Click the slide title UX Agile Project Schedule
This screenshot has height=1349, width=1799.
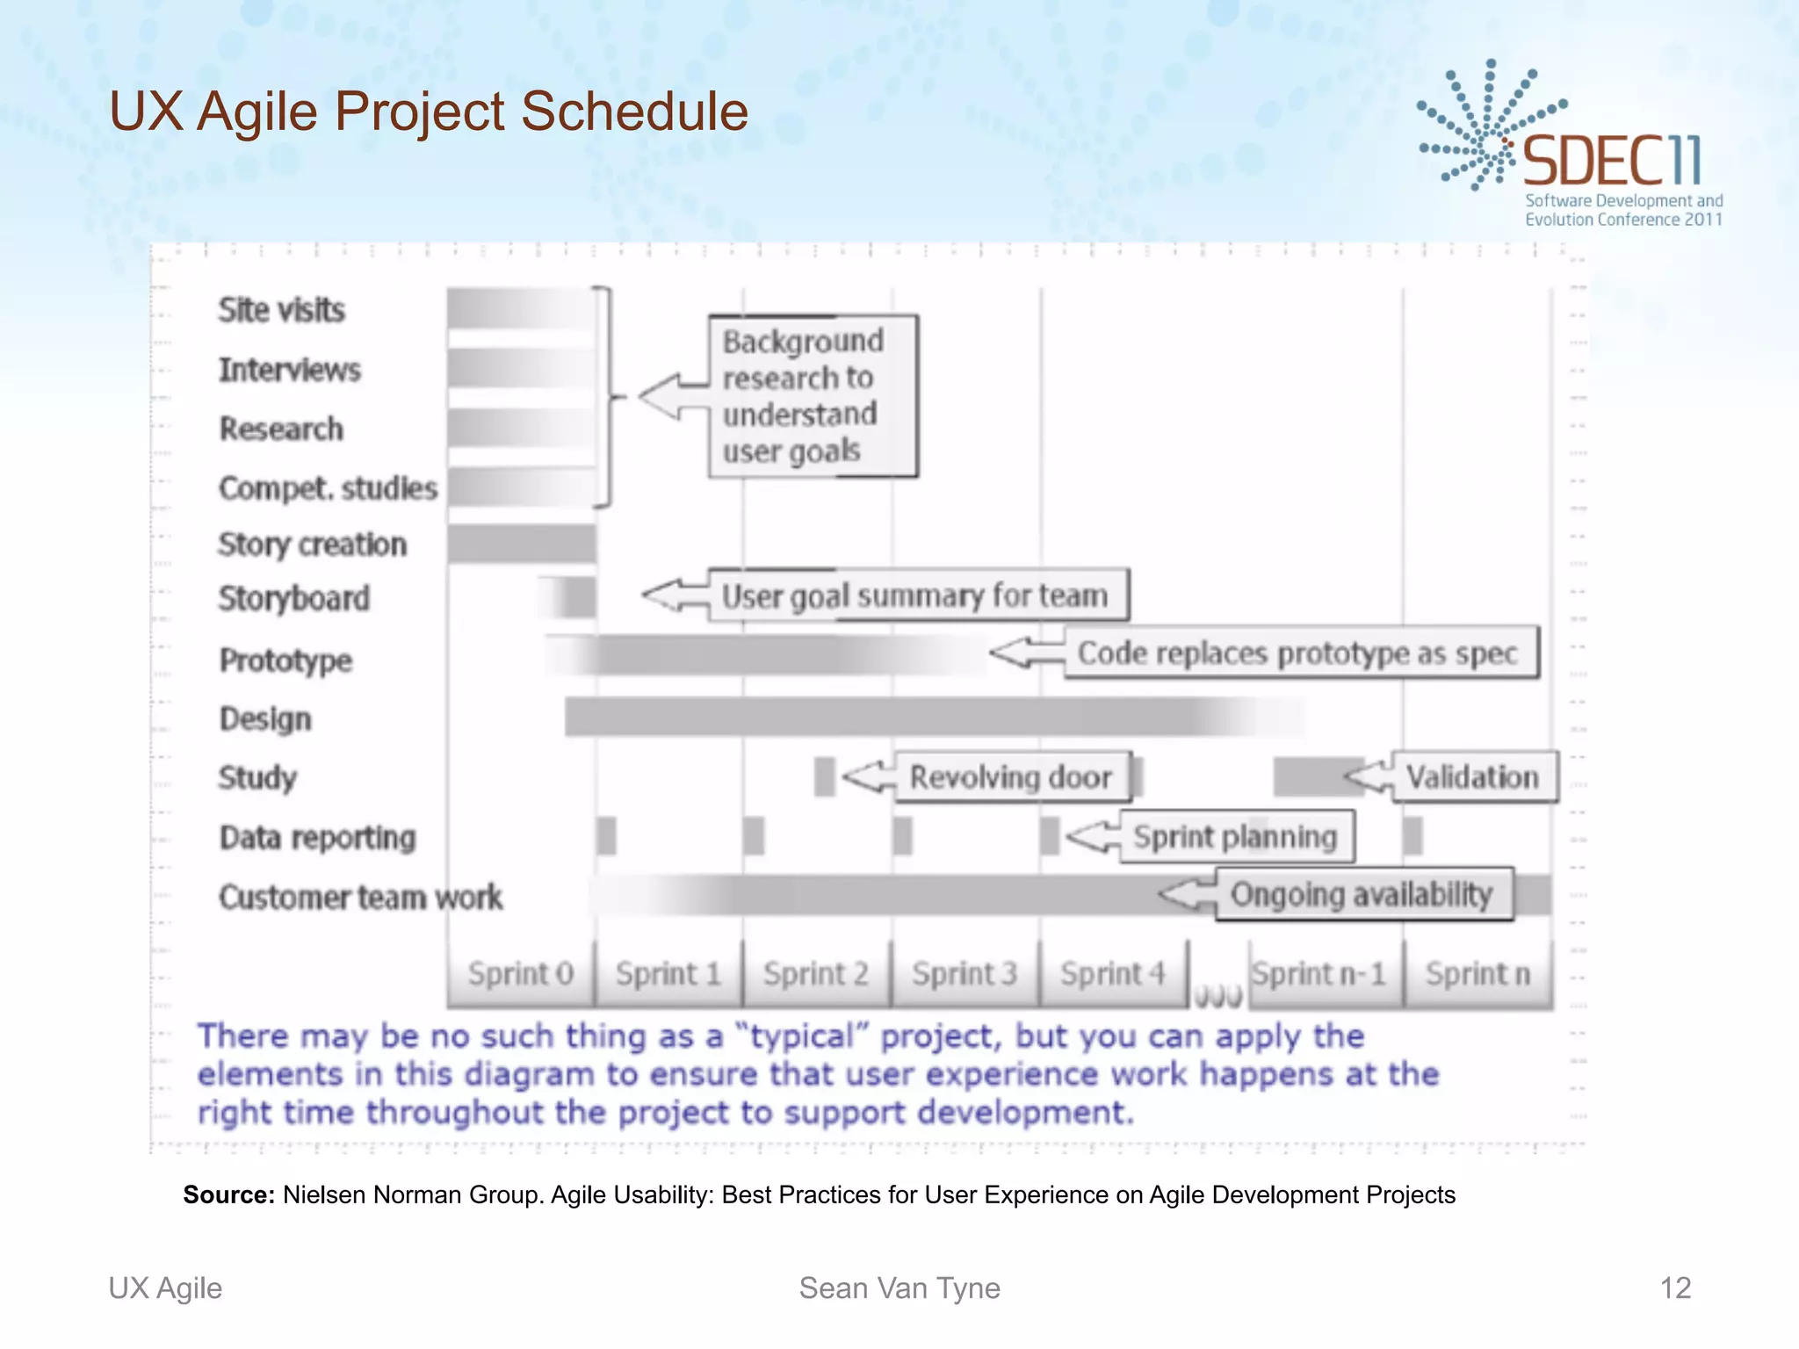pyautogui.click(x=429, y=112)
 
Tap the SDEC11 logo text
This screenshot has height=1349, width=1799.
pyautogui.click(x=1611, y=162)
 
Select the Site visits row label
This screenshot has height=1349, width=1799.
pyautogui.click(x=281, y=310)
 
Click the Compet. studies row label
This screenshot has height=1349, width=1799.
pyautogui.click(x=328, y=487)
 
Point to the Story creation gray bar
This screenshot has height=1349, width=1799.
pyautogui.click(x=522, y=544)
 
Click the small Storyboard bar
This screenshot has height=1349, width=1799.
pyautogui.click(x=568, y=597)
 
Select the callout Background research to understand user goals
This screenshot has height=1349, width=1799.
pyautogui.click(x=813, y=396)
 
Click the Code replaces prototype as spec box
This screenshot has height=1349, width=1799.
pyautogui.click(x=1300, y=653)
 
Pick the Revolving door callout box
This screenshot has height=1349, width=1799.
pyautogui.click(x=1012, y=776)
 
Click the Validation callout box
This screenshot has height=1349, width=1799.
pyautogui.click(x=1473, y=776)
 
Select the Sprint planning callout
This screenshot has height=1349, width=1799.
pyautogui.click(x=1236, y=836)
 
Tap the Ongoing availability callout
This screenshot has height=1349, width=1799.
pyautogui.click(x=1362, y=894)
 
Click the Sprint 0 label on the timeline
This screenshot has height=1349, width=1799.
pyautogui.click(x=520, y=974)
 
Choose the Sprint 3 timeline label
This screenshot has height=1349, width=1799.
pyautogui.click(x=964, y=974)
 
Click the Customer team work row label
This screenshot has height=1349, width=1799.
pyautogui.click(x=360, y=897)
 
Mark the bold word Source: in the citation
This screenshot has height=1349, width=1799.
pyautogui.click(x=228, y=1194)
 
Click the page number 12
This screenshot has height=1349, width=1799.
pyautogui.click(x=1674, y=1288)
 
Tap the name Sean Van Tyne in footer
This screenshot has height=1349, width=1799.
pyautogui.click(x=899, y=1288)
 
